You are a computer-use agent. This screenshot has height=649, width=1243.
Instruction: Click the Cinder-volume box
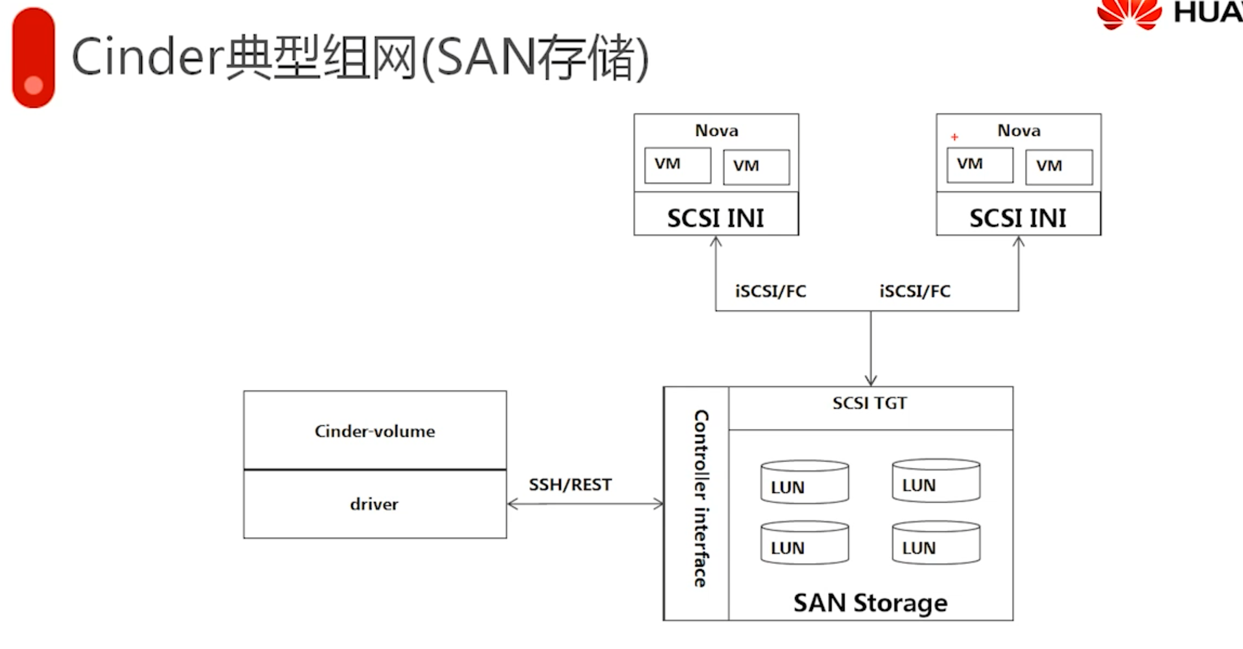pyautogui.click(x=375, y=430)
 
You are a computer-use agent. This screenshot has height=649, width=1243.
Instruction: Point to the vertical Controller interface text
pyautogui.click(x=701, y=499)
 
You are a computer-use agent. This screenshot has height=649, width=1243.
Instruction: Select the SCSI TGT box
pyautogui.click(x=870, y=408)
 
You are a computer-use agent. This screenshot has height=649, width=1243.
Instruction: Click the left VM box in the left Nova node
pyautogui.click(x=678, y=165)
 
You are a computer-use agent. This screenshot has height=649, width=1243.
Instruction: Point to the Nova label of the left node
pyautogui.click(x=717, y=131)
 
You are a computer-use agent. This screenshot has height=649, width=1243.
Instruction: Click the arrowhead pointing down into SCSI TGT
pyautogui.click(x=871, y=380)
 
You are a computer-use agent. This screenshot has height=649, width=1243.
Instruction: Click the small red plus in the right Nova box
pyautogui.click(x=954, y=137)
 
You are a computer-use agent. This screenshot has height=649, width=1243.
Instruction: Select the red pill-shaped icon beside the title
pyautogui.click(x=33, y=57)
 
